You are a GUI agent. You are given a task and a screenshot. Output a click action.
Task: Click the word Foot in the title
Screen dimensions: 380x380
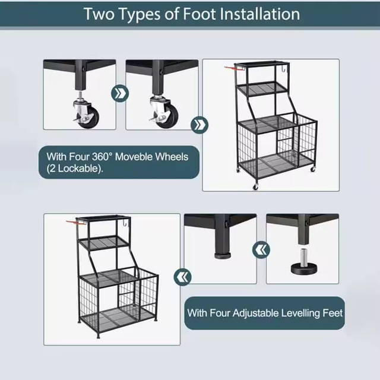(x=199, y=14)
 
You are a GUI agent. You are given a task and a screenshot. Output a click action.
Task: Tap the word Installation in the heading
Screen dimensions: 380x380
(x=259, y=14)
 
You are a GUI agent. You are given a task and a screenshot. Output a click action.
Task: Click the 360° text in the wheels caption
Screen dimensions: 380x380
(x=102, y=157)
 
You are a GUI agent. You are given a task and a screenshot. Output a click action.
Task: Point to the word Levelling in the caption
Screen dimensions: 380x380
(x=299, y=313)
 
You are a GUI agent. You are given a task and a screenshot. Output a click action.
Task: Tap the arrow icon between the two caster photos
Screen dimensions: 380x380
(x=120, y=93)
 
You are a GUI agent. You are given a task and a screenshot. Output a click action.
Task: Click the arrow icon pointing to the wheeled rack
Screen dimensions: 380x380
(x=199, y=125)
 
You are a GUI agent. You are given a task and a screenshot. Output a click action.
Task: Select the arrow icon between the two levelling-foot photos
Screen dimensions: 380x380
(x=261, y=249)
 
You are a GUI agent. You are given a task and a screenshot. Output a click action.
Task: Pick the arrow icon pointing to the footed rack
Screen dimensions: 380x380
(x=182, y=277)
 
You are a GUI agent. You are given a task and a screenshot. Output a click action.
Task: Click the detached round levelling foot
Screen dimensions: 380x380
(x=303, y=268)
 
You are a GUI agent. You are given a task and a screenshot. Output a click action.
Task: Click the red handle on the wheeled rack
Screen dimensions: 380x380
(x=229, y=68)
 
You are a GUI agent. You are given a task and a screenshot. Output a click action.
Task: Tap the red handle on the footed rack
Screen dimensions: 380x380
(x=71, y=222)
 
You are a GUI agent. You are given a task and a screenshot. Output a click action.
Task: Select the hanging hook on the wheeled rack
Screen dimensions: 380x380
(x=285, y=68)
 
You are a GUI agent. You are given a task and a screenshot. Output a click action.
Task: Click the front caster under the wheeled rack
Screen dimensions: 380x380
(x=255, y=186)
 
